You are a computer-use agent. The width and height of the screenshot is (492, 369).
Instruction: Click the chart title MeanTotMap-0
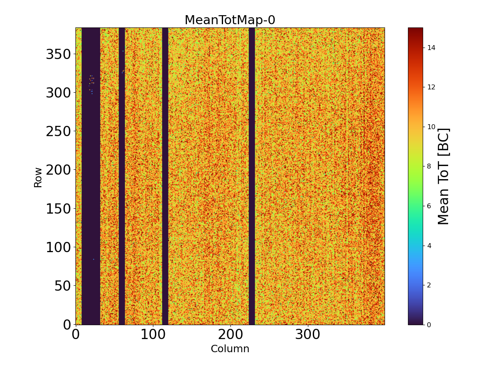tap(230, 20)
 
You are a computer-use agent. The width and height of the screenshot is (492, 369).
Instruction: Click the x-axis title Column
tap(230, 349)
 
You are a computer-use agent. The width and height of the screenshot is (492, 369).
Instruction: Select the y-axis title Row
tap(38, 177)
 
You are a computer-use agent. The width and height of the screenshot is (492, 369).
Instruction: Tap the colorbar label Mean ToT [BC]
tap(444, 176)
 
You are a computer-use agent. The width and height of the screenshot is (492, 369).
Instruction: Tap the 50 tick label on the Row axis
tap(64, 286)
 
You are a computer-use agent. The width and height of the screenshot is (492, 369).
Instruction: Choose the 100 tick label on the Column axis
tap(153, 335)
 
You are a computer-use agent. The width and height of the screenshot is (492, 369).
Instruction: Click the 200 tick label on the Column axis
tap(230, 335)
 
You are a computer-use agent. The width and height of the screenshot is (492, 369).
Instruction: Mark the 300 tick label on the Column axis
tap(308, 335)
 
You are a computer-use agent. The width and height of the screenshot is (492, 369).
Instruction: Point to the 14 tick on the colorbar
tap(431, 48)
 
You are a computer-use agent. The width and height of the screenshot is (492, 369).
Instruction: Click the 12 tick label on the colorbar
tap(431, 87)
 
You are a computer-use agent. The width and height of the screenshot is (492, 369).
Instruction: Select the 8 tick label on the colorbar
tap(429, 166)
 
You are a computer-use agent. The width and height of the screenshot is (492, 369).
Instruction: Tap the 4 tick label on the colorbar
tap(429, 245)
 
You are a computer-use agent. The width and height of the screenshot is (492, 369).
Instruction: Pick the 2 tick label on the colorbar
tap(429, 285)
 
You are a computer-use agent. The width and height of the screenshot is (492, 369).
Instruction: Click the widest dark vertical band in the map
tap(91, 184)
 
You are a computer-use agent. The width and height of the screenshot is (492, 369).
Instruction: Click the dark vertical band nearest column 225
tap(252, 176)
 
